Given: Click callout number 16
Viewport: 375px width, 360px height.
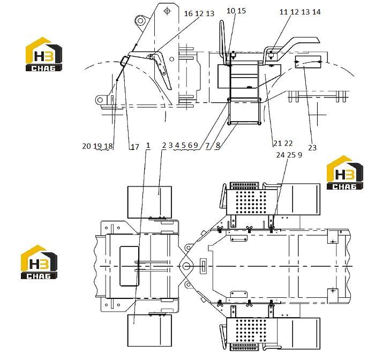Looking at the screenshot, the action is (x=188, y=13).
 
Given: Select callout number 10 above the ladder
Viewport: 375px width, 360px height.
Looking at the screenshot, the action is (x=231, y=11).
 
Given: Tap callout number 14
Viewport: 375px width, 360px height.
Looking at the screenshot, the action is (x=316, y=12).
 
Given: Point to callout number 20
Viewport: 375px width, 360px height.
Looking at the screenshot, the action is (x=86, y=146).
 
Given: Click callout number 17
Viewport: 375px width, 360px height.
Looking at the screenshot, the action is (x=135, y=147).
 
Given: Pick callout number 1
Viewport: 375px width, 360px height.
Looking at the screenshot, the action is (x=148, y=145).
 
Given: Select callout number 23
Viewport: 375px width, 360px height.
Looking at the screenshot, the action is (x=312, y=147).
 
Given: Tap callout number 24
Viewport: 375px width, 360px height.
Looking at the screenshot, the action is (x=280, y=155).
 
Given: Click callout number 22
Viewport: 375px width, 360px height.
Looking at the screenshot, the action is (x=288, y=143).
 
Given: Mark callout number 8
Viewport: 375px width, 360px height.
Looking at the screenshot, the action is (x=217, y=145).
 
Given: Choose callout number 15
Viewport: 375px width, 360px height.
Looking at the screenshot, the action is (x=242, y=11).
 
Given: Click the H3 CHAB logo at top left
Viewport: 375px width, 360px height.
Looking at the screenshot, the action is (x=44, y=54).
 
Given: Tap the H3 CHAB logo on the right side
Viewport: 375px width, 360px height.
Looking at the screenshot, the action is (x=344, y=172).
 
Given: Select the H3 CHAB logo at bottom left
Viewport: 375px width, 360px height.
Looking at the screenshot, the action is (x=39, y=262).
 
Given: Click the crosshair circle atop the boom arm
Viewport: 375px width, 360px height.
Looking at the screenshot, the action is (x=167, y=11).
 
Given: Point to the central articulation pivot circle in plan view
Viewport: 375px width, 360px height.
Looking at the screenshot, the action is (x=186, y=266).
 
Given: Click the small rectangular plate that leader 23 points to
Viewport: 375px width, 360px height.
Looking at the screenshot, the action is (x=308, y=62).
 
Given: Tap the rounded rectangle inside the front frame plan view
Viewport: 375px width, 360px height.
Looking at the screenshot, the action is (x=129, y=266).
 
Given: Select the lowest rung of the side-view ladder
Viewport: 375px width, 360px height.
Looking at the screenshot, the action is (x=244, y=123).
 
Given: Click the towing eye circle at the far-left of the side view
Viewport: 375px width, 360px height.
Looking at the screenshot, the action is (x=100, y=100).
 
